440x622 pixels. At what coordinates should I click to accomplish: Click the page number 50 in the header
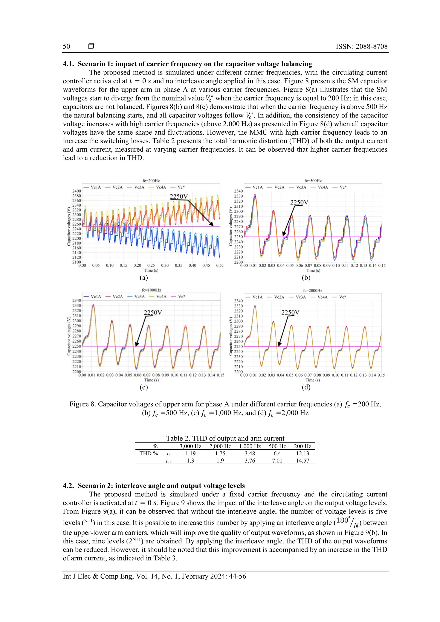[66, 46]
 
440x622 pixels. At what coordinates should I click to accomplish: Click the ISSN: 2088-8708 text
[361, 46]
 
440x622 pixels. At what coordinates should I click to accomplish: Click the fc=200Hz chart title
[151, 181]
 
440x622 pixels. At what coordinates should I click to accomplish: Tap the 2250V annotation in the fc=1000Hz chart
[153, 312]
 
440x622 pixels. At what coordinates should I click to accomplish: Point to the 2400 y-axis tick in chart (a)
[76, 191]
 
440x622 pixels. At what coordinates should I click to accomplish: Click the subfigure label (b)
[306, 277]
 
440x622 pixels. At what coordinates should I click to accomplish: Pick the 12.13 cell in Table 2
[302, 453]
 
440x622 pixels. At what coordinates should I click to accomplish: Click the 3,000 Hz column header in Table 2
[190, 446]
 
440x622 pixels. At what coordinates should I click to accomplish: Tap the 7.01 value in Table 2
[277, 461]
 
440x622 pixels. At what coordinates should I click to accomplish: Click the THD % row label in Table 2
[148, 453]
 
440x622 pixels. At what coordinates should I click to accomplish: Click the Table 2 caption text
[225, 438]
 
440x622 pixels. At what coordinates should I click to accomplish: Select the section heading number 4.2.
[69, 485]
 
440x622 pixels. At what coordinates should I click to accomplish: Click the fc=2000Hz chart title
[313, 290]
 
